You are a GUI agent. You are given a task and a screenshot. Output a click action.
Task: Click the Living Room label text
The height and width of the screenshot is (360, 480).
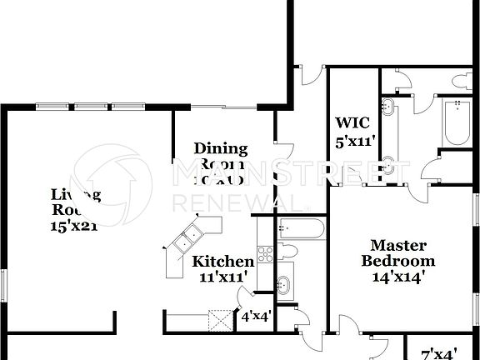[76, 202]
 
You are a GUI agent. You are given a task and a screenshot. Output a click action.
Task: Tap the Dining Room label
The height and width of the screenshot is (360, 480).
[221, 156]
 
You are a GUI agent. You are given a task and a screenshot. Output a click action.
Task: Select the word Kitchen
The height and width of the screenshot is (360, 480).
[223, 262]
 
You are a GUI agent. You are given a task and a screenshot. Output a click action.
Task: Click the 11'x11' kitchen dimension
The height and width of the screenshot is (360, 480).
[223, 277]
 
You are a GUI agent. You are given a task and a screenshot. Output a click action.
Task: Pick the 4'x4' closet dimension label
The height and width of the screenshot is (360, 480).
[255, 317]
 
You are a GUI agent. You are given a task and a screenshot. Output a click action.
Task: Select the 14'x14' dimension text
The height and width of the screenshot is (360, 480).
[398, 277]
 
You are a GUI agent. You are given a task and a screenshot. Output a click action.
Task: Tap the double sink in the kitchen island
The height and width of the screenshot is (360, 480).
[187, 240]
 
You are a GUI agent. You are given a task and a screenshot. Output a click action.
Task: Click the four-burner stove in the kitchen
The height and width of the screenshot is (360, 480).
[265, 255]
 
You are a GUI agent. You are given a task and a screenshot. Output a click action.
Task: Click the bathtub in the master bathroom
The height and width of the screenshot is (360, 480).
[457, 122]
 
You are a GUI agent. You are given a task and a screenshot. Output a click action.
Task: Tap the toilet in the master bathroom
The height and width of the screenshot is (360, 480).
[461, 81]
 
